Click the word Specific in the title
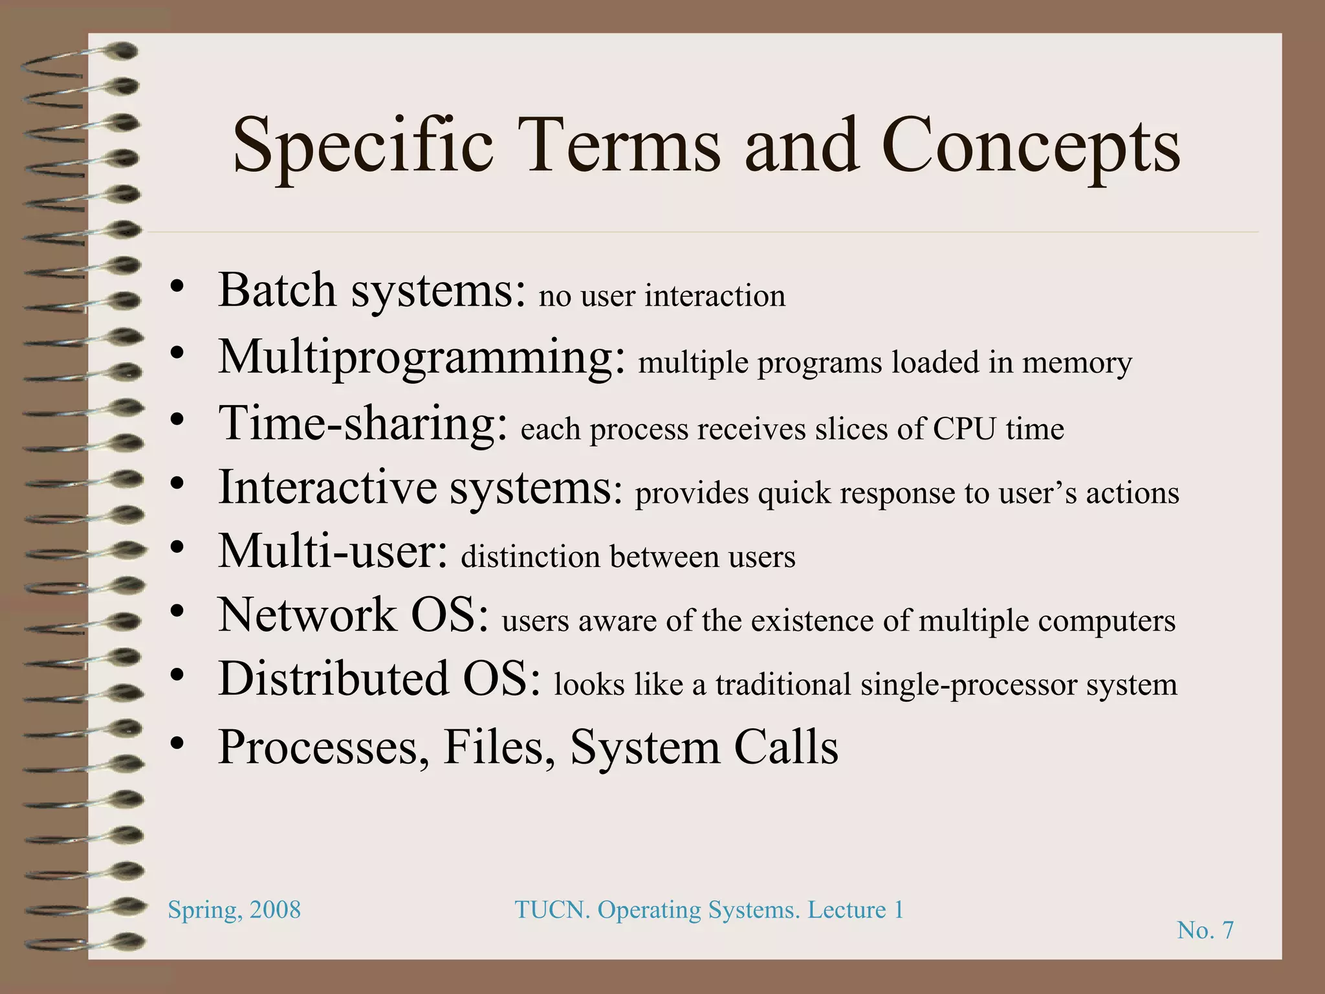tap(363, 148)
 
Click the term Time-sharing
tap(363, 425)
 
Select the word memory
tap(1077, 362)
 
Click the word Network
tap(307, 615)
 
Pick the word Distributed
tap(333, 679)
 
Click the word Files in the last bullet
tap(499, 747)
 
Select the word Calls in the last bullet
tap(786, 747)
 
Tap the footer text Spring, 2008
tap(234, 910)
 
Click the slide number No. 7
tap(1205, 931)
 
